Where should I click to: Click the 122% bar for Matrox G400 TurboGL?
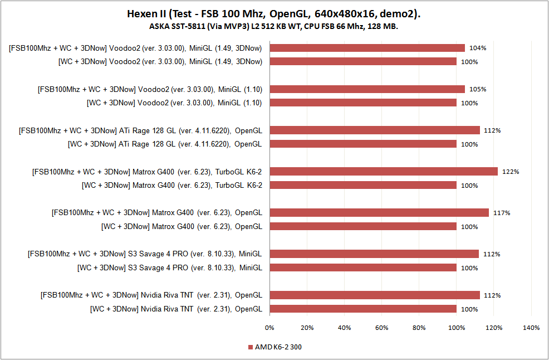(384, 172)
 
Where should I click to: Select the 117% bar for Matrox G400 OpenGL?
(379, 213)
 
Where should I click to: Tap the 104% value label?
(478, 48)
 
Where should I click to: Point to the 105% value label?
(478, 89)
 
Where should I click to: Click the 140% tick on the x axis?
(531, 328)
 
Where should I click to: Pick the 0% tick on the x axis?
(269, 328)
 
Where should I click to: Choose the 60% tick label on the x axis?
(381, 328)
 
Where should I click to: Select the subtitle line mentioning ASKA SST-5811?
(274, 26)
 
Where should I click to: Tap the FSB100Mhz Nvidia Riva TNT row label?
(151, 295)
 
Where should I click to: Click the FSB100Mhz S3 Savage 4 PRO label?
(145, 254)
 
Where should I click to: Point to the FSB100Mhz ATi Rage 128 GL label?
(140, 130)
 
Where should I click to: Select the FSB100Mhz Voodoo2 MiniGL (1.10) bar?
(367, 89)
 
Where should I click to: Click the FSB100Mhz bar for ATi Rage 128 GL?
(375, 130)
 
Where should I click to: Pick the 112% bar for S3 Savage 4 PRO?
(374, 254)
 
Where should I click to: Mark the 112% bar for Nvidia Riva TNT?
(375, 295)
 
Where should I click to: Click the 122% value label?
(511, 172)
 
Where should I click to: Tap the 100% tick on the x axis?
(456, 328)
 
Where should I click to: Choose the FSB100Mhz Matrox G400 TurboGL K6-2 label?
(147, 172)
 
